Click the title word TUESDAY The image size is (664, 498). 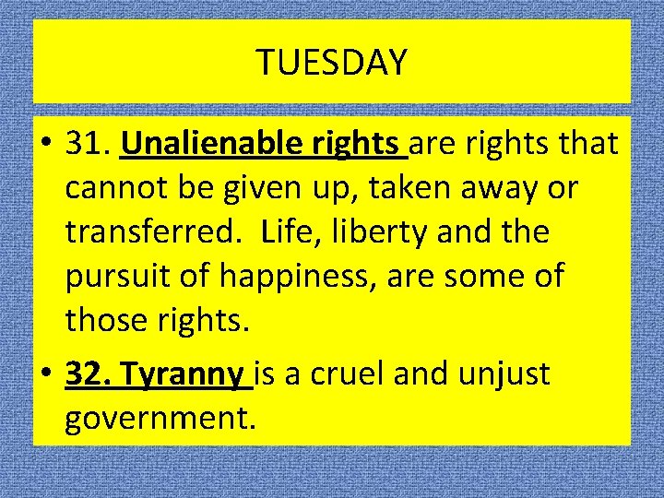click(331, 63)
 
